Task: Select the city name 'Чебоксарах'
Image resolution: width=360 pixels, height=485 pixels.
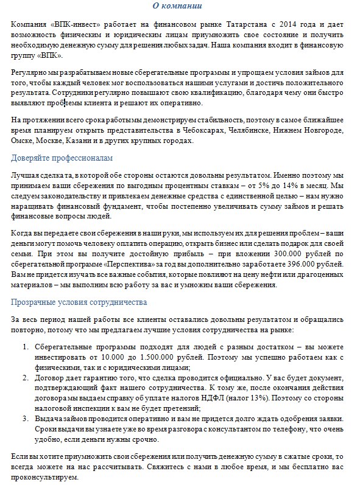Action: coord(205,130)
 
